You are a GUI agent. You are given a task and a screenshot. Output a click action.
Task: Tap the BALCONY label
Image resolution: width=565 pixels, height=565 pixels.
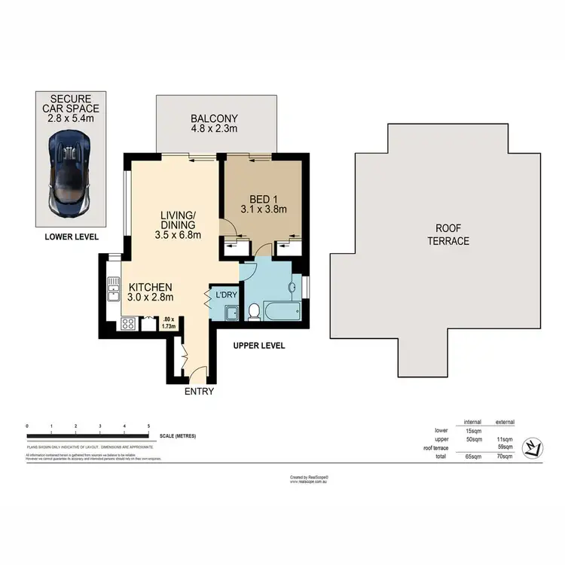pos(214,124)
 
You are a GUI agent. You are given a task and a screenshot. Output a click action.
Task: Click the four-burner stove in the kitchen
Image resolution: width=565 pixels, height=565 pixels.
pos(127,325)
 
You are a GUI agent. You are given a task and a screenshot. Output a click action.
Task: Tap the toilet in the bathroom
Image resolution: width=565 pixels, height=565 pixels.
pos(255,311)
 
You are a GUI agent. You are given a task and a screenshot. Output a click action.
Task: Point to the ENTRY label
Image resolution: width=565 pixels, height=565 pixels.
pos(199,391)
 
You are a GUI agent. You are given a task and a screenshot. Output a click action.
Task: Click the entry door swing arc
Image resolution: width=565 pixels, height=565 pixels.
pos(196,371)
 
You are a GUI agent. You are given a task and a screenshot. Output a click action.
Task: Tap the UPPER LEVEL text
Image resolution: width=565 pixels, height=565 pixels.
pos(258,346)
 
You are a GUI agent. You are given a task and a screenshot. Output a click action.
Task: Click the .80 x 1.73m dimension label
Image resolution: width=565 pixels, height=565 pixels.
pos(169,322)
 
